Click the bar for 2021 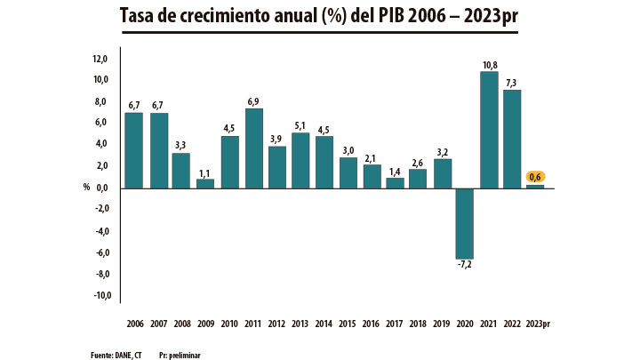(x=489, y=130)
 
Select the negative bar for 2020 (x=465, y=223)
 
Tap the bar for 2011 (x=253, y=148)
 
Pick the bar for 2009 (x=205, y=183)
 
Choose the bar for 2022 (x=513, y=139)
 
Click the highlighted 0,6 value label (x=536, y=176)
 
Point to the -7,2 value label (x=465, y=266)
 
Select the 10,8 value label (x=489, y=64)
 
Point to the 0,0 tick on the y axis (x=101, y=188)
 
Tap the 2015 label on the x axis (x=348, y=324)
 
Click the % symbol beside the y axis (x=86, y=188)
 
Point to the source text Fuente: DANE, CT (x=116, y=354)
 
